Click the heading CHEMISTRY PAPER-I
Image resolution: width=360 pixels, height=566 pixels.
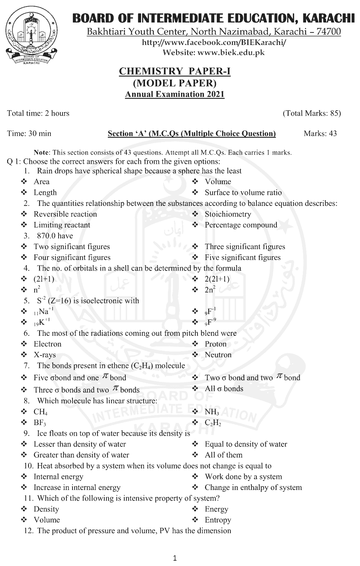(x=175, y=71)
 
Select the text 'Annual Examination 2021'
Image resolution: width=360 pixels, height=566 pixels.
(x=175, y=94)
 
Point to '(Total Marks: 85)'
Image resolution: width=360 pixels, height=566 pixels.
(x=312, y=113)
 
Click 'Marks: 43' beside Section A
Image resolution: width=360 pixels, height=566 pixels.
(x=320, y=133)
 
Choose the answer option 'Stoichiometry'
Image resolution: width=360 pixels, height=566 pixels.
(x=227, y=214)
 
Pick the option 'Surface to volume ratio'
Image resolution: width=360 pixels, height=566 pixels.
(x=243, y=193)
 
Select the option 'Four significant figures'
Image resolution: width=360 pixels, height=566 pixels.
(x=72, y=257)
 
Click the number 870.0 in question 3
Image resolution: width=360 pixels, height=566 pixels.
(x=55, y=236)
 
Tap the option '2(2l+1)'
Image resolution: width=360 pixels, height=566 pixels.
(x=217, y=279)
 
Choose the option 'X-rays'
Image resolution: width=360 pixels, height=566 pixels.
(x=45, y=355)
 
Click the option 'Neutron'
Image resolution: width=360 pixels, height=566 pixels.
(x=218, y=355)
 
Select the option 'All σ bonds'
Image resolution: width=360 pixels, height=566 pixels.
(x=224, y=389)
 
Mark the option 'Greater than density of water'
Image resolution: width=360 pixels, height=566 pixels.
(x=81, y=455)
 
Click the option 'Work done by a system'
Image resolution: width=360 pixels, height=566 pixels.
(x=243, y=477)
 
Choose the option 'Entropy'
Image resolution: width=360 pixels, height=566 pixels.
(x=218, y=520)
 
